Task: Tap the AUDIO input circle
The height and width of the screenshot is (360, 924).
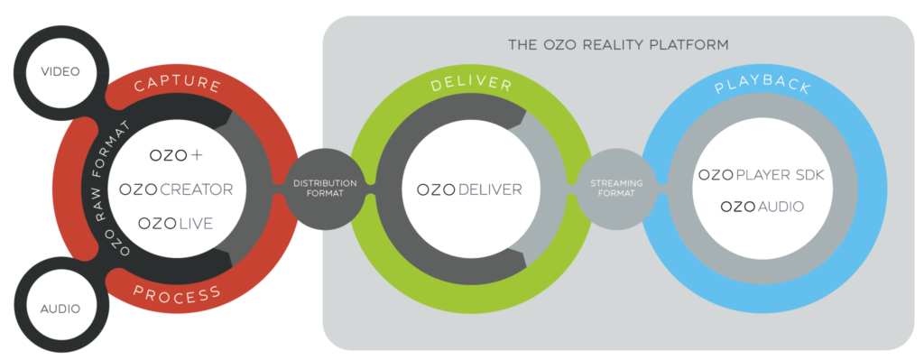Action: [x=60, y=309]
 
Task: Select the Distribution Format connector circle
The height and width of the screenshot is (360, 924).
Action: [x=325, y=189]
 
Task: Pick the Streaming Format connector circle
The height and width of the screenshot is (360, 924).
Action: [x=616, y=189]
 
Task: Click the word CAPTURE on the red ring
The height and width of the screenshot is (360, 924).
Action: [x=177, y=86]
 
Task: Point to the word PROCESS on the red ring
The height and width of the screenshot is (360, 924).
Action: [x=177, y=294]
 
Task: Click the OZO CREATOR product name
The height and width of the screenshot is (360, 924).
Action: [x=177, y=189]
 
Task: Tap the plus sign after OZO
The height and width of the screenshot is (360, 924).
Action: [x=198, y=155]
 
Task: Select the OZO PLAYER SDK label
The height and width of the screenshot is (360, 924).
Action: [x=763, y=174]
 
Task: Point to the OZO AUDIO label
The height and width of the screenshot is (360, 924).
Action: [x=762, y=207]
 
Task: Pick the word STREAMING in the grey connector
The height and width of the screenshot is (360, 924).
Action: [x=616, y=183]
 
